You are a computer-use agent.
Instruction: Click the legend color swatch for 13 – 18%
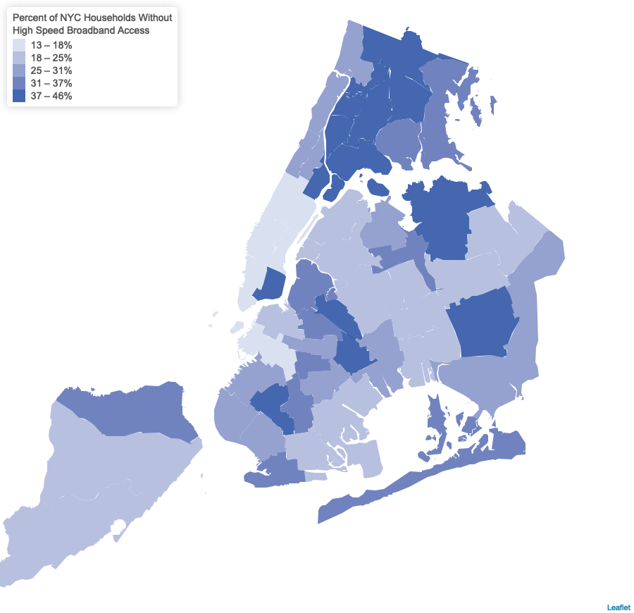coord(19,46)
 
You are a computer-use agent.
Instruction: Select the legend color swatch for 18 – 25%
coord(19,58)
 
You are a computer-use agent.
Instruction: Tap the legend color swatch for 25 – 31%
coord(19,71)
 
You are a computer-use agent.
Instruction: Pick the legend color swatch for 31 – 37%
coord(19,84)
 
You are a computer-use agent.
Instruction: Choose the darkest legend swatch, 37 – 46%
coord(19,97)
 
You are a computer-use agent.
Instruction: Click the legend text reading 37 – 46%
coord(51,97)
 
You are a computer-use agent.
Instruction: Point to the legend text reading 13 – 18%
coord(51,46)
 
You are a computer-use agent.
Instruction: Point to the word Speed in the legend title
coord(51,30)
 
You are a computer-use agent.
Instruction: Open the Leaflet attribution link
coord(618,607)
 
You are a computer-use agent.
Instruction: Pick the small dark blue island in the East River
coord(379,187)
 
